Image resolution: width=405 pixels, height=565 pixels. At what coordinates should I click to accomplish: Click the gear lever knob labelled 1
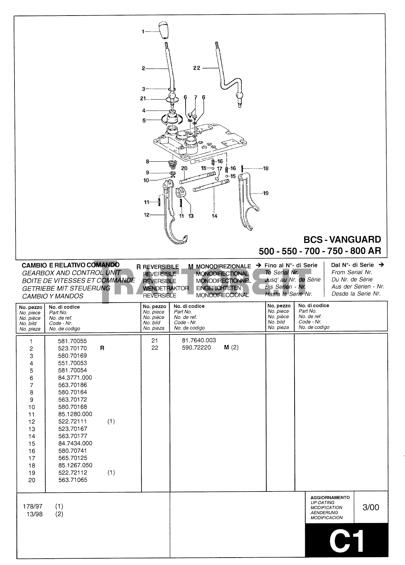point(162,31)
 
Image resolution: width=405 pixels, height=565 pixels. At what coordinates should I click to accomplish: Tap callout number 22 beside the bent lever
point(197,68)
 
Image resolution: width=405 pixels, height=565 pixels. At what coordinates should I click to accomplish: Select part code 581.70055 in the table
point(72,341)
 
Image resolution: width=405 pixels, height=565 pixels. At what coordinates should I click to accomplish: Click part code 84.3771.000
point(75,377)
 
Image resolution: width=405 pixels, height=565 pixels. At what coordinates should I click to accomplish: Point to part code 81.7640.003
point(199,340)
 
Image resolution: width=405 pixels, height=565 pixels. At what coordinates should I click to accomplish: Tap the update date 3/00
point(371,507)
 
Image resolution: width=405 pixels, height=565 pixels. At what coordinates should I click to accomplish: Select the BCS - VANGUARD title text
point(342,239)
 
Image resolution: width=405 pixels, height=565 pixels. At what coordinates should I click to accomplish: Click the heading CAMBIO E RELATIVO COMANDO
point(71,265)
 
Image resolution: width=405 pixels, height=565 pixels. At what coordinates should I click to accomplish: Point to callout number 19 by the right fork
point(265,193)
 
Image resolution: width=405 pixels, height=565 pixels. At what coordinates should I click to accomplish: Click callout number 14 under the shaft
point(214,216)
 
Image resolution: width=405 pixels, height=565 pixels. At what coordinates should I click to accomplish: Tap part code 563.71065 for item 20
point(72,480)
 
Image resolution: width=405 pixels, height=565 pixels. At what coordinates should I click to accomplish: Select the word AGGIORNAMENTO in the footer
point(330,497)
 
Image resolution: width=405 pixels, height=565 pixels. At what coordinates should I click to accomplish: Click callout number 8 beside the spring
point(147,161)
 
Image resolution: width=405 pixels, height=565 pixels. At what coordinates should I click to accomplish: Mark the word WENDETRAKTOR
point(166,288)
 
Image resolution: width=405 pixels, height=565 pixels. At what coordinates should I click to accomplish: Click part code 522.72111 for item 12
point(72,421)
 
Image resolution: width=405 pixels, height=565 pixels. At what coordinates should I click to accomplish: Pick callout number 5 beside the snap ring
point(144,120)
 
